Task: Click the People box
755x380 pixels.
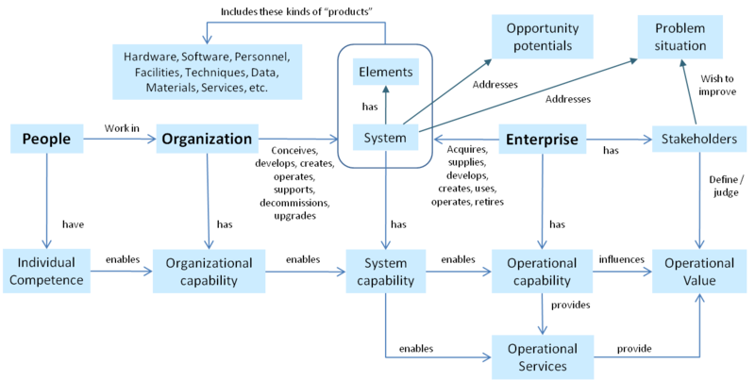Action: tap(45, 140)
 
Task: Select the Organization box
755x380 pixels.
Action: tap(207, 140)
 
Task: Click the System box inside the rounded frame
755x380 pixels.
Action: tap(385, 139)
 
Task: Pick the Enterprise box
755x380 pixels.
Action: tap(543, 140)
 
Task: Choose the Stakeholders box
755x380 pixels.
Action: tap(699, 140)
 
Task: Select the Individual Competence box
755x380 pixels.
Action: tap(44, 272)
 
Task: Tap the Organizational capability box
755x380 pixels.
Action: tap(207, 272)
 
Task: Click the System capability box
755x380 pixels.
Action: tap(385, 272)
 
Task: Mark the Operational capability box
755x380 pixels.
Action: tap(543, 272)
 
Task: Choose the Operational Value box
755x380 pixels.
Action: tap(699, 272)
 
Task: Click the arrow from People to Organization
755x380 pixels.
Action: tap(118, 140)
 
